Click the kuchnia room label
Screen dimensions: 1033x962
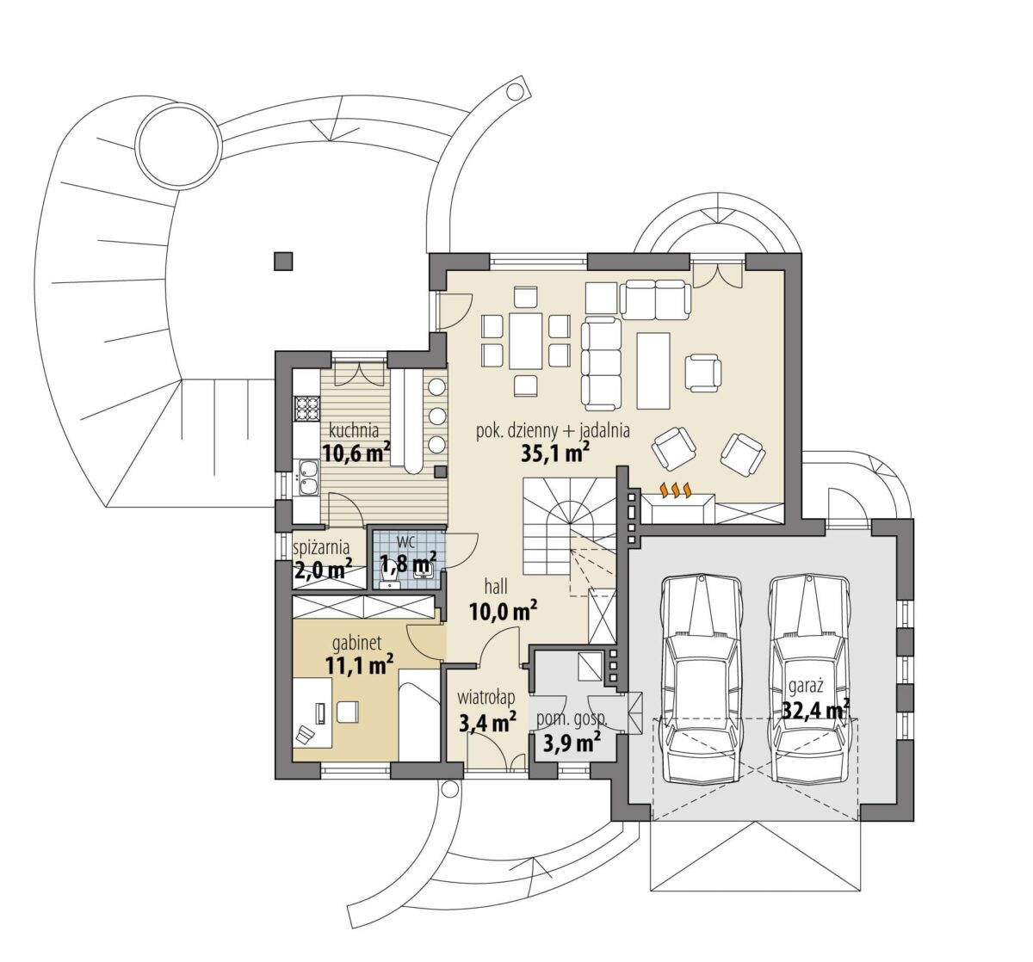click(354, 430)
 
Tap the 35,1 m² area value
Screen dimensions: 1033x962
click(555, 453)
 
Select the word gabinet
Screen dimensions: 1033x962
click(357, 644)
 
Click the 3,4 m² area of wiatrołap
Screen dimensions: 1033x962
click(487, 723)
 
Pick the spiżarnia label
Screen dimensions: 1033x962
click(321, 547)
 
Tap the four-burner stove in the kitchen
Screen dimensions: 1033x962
click(306, 408)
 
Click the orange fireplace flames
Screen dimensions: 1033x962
click(676, 490)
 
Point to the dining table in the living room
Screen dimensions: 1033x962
click(525, 341)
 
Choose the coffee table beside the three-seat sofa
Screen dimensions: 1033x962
click(653, 371)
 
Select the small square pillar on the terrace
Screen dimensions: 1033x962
click(283, 262)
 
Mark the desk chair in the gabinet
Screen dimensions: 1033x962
click(348, 712)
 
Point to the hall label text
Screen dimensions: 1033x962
click(496, 587)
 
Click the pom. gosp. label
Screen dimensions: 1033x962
click(572, 719)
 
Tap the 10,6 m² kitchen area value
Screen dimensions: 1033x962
click(356, 453)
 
